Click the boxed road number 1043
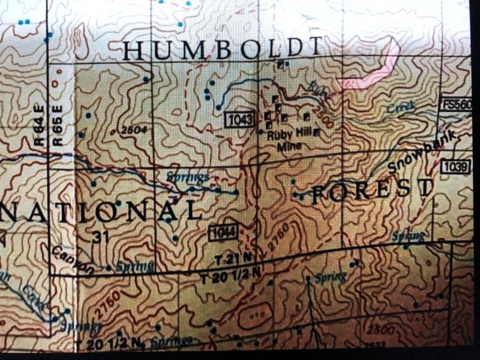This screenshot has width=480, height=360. click(x=239, y=120)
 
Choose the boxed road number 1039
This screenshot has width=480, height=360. click(x=456, y=167)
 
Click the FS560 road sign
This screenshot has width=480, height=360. click(x=456, y=105)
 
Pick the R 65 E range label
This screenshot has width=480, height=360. click(x=58, y=125)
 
